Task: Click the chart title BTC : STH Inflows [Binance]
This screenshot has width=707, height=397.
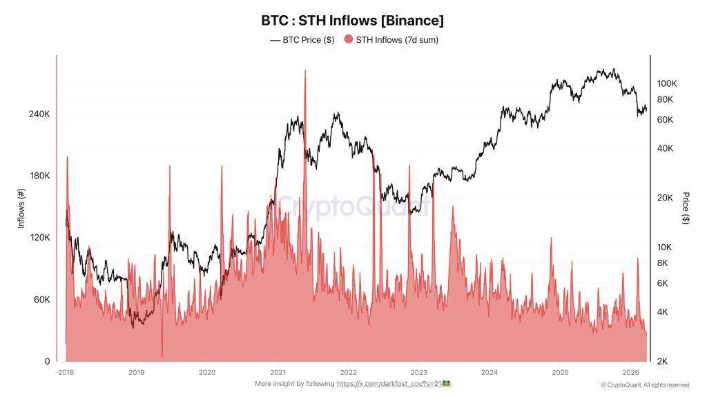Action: click(353, 20)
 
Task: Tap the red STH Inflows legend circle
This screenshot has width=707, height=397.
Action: click(348, 40)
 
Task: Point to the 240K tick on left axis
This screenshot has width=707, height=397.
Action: click(39, 114)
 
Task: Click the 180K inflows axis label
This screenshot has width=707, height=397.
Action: click(39, 176)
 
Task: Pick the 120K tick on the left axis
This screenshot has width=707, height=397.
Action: click(39, 238)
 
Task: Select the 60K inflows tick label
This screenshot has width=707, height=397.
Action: click(41, 300)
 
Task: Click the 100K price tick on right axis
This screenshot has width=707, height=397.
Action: click(667, 83)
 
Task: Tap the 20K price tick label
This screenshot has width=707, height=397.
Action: click(664, 198)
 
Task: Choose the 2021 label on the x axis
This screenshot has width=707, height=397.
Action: click(278, 372)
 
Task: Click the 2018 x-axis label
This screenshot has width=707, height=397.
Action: click(66, 372)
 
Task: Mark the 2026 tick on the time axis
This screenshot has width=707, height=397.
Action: click(630, 372)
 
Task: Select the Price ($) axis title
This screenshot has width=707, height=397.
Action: click(685, 208)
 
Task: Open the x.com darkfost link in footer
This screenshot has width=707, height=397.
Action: click(394, 383)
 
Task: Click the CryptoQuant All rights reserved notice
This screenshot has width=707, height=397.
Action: click(645, 385)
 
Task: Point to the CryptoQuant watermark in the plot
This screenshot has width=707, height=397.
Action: click(353, 205)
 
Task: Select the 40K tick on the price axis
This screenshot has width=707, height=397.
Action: click(664, 149)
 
